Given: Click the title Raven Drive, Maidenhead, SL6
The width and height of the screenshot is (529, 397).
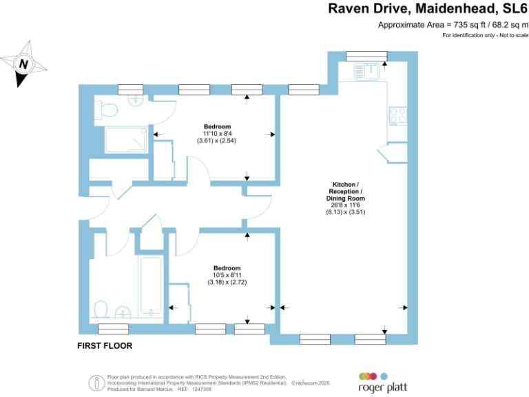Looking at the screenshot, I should [x=427, y=9].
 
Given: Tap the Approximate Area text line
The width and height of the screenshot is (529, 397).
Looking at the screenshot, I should [x=453, y=25].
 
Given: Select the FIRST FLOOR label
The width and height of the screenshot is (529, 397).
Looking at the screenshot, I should [x=104, y=345].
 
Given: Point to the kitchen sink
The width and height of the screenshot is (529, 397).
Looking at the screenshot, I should [x=371, y=70].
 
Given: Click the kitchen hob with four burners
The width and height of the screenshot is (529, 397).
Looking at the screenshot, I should [x=398, y=114].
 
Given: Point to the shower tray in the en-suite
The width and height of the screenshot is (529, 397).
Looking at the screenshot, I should [x=125, y=140].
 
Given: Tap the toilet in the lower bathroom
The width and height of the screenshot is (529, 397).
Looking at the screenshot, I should [x=101, y=309].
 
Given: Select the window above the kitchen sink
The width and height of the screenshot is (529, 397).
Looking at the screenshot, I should [x=366, y=56].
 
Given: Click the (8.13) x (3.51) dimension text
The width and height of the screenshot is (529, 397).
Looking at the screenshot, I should [x=346, y=212].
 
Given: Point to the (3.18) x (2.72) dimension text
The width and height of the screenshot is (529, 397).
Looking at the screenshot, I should [x=227, y=283].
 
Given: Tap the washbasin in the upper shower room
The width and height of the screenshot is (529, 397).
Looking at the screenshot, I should [x=135, y=101].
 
